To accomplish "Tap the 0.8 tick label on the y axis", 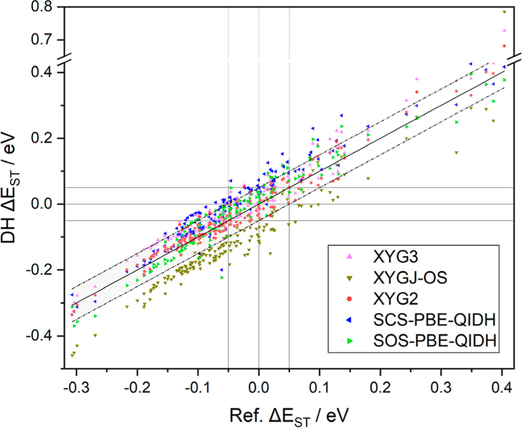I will click(x=43, y=8).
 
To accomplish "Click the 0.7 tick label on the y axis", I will click(x=43, y=40).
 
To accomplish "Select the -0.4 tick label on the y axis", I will click(x=41, y=336).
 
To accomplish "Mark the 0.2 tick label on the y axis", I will click(x=43, y=138).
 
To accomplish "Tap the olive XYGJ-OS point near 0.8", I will click(x=504, y=12).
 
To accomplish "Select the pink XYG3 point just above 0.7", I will click(x=504, y=30).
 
